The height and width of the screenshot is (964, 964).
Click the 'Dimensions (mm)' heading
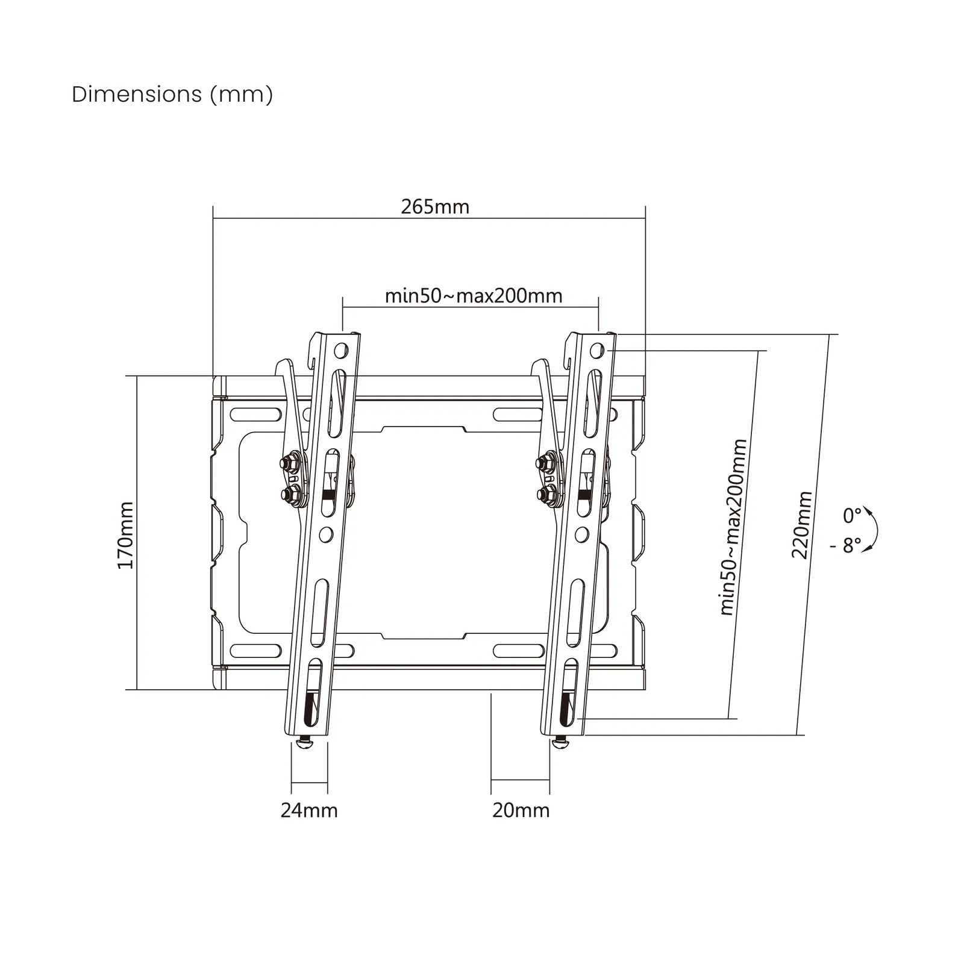172,95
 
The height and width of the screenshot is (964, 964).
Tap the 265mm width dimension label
435,207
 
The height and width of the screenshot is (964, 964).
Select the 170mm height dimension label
125,535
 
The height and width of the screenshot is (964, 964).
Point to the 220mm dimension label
802,525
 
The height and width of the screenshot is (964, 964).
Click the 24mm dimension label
309,810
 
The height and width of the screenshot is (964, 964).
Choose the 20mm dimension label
521,810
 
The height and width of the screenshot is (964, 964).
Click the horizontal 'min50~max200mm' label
474,296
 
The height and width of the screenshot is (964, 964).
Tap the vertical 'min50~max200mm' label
733,527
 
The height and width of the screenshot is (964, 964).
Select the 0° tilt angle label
852,516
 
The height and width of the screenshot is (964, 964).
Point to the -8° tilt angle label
846,545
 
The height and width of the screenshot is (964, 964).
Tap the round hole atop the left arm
341,350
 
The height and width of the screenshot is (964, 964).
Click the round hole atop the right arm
597,350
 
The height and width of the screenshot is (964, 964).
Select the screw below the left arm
305,743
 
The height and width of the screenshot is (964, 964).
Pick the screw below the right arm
561,743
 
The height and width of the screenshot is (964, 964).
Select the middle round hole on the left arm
326,534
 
